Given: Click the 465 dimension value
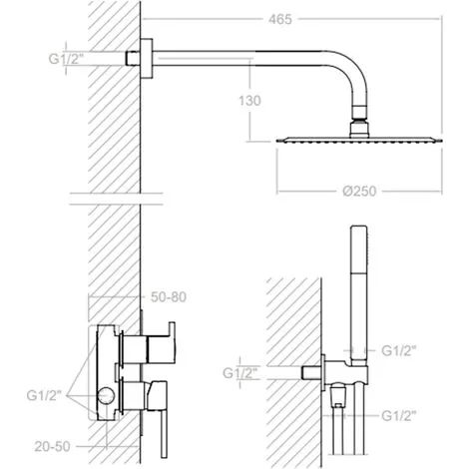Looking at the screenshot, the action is click(280, 19).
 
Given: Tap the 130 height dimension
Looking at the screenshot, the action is click(249, 101).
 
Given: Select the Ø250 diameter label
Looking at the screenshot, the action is click(359, 192).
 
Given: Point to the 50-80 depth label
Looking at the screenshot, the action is click(169, 297).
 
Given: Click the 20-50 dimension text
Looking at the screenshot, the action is click(53, 446).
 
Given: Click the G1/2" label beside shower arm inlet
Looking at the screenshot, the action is click(66, 59).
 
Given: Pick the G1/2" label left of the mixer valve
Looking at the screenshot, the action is click(44, 396).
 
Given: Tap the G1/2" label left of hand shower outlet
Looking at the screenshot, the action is click(240, 373).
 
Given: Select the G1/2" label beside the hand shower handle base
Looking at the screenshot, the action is click(399, 350).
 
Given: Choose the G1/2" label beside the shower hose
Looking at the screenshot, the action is click(399, 416).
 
